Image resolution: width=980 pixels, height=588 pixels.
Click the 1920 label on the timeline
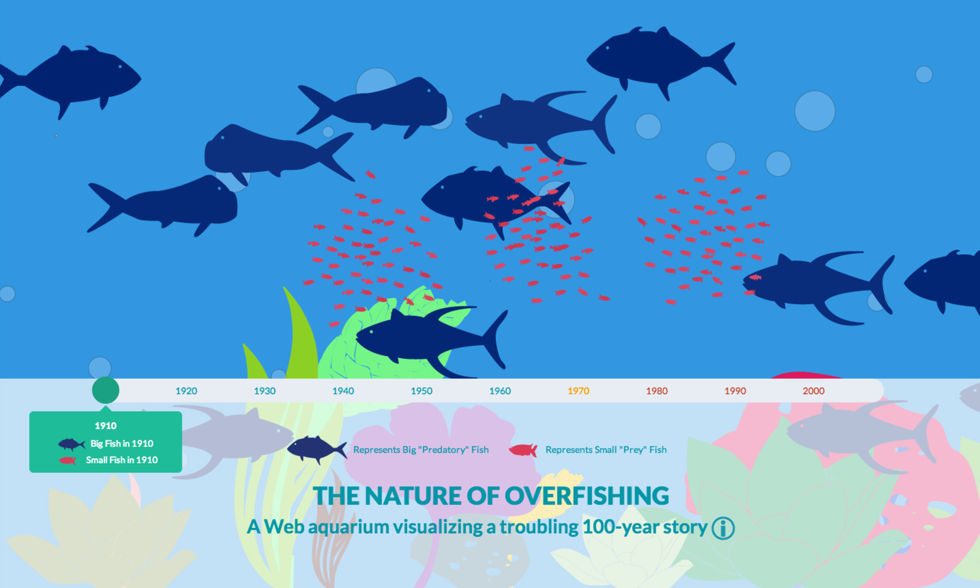click(186, 391)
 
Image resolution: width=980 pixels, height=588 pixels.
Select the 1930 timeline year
click(265, 391)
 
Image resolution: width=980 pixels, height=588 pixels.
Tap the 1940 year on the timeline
click(343, 391)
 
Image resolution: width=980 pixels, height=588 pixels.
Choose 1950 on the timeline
click(421, 391)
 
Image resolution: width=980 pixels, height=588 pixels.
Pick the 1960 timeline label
click(500, 391)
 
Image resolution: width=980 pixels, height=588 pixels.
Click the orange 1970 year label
click(578, 391)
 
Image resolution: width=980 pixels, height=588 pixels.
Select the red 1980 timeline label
click(657, 391)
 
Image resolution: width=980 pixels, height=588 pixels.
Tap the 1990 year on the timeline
click(735, 391)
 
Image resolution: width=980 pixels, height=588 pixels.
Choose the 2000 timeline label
click(814, 391)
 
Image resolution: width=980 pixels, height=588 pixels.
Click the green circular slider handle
click(105, 390)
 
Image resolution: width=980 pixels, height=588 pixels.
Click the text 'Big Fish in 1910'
click(122, 443)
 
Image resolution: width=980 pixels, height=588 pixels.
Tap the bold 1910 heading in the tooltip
click(105, 426)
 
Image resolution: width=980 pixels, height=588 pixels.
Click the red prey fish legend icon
click(523, 450)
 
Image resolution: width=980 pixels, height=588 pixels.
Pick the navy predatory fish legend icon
click(317, 449)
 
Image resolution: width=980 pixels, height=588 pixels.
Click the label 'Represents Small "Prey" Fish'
click(606, 450)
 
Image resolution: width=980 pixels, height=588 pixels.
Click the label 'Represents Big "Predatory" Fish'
click(421, 450)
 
